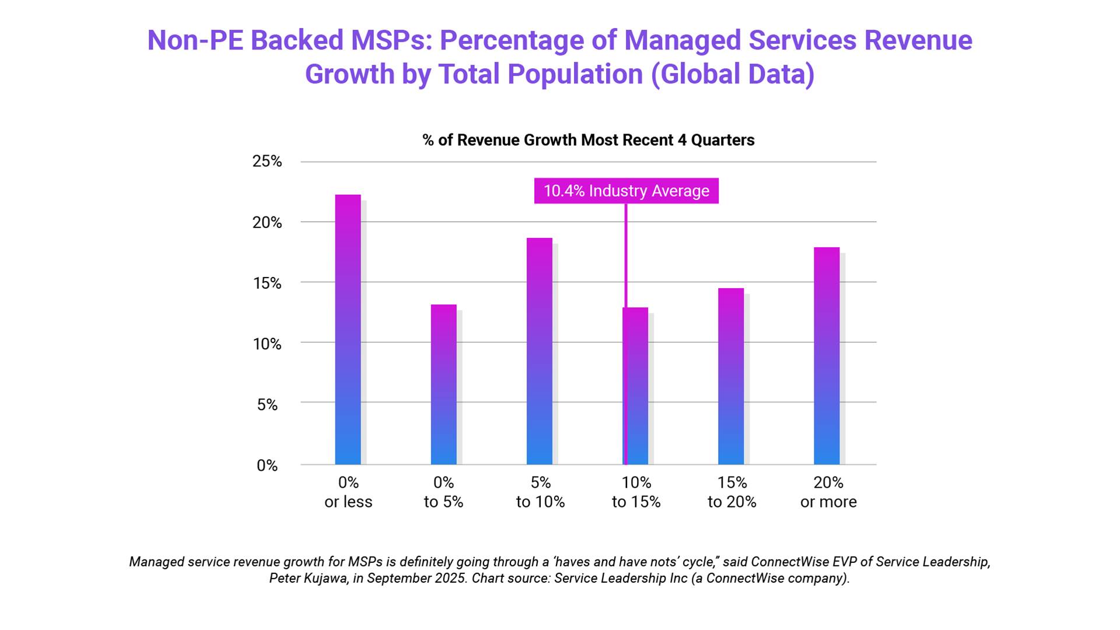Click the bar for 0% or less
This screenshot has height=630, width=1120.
pos(348,330)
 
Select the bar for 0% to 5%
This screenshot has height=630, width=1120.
pos(443,384)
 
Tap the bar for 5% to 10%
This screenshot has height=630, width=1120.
pos(539,351)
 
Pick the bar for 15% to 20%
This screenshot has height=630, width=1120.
pos(730,376)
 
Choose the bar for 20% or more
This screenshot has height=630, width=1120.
pos(827,356)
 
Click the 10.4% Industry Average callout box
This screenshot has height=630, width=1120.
pos(626,191)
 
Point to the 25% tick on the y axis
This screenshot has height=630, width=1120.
pos(267,162)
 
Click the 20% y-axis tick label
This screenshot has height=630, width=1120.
pos(267,222)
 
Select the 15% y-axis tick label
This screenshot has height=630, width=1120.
pos(267,283)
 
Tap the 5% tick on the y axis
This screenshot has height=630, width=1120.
pos(267,405)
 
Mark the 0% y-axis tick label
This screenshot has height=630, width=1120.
pos(267,466)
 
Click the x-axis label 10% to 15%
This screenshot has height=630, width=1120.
pos(636,492)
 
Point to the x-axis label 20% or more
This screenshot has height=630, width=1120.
pos(828,492)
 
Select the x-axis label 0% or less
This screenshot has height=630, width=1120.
pos(348,492)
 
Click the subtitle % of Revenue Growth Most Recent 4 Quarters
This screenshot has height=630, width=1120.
pos(588,140)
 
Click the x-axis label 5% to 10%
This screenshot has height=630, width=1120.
pos(540,492)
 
